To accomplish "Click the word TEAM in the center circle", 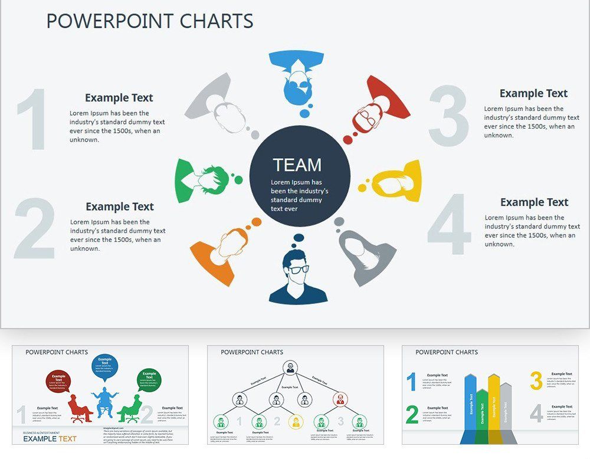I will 297,165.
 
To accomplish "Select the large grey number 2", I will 34,229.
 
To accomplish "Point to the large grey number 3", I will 449,116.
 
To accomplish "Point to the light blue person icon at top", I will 296,77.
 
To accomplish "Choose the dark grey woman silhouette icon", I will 368,254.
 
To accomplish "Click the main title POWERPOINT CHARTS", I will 149,21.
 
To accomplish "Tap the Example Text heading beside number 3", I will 533,93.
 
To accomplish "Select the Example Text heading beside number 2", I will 119,206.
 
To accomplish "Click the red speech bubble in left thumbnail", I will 58,381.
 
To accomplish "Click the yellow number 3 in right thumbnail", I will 536,381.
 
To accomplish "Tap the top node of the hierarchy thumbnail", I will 290,369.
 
